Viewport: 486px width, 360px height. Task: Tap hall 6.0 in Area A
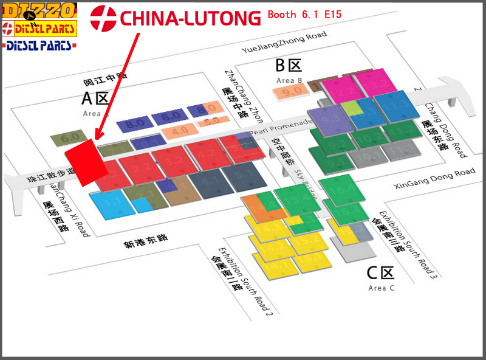click(x=70, y=137)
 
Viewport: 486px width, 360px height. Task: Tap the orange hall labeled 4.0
click(x=180, y=130)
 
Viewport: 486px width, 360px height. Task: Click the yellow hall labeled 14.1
click(x=274, y=263)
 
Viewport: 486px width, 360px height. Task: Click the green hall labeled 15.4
click(x=297, y=199)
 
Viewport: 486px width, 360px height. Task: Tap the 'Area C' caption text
click(x=381, y=288)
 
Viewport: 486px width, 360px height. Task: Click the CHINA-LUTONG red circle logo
click(x=103, y=18)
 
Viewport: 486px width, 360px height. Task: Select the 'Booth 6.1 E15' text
click(x=309, y=15)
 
